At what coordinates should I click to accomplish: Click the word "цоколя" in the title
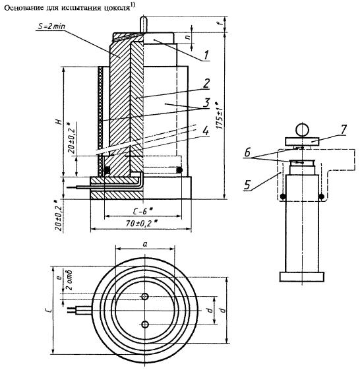click(117, 8)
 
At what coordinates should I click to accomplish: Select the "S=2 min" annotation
click(51, 26)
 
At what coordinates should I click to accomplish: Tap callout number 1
click(206, 55)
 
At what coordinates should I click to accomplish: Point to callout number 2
click(206, 83)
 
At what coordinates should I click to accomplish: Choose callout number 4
click(206, 131)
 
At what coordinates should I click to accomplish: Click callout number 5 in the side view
click(247, 185)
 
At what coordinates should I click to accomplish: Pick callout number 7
click(344, 129)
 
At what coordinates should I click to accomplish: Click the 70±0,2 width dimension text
click(141, 223)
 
